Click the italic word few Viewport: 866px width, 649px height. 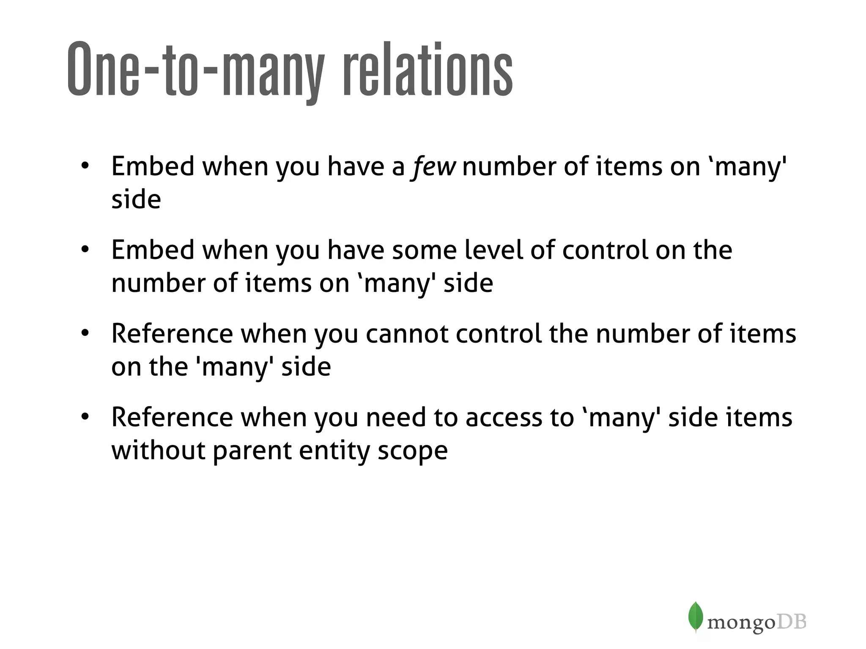click(x=433, y=166)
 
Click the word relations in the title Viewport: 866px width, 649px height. click(x=428, y=70)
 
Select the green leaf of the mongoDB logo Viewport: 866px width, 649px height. click(x=695, y=616)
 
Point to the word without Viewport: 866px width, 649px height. click(x=158, y=450)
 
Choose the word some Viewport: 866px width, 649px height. click(x=424, y=250)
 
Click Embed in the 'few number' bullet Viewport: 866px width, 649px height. click(x=153, y=166)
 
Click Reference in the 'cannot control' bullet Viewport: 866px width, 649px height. click(x=172, y=333)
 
